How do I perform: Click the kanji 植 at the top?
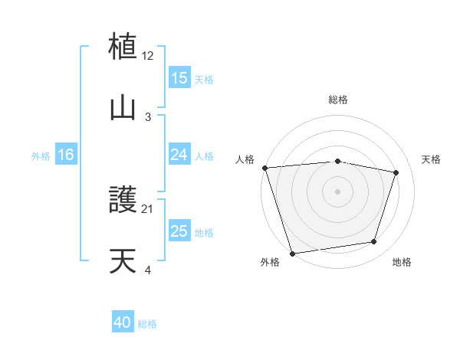click(x=123, y=47)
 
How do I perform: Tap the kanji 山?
click(x=123, y=107)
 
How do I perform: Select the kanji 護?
click(x=123, y=201)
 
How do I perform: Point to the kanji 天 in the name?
click(x=123, y=261)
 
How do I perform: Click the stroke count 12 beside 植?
click(x=148, y=56)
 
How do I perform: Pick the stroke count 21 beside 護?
click(x=148, y=209)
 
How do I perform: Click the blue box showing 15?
click(x=179, y=78)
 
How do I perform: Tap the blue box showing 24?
click(x=179, y=155)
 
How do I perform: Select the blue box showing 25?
click(x=179, y=231)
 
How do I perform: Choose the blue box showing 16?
click(x=66, y=155)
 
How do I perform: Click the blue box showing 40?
click(x=123, y=323)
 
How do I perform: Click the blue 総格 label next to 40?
click(x=147, y=324)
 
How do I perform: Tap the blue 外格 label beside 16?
click(x=41, y=155)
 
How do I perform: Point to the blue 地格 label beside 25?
click(x=204, y=232)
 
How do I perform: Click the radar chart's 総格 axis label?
click(x=337, y=100)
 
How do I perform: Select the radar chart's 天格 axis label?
click(x=432, y=159)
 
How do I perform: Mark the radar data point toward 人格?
click(x=264, y=168)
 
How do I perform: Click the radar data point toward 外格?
click(x=292, y=253)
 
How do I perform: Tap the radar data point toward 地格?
click(x=374, y=242)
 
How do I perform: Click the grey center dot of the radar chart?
click(x=337, y=191)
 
